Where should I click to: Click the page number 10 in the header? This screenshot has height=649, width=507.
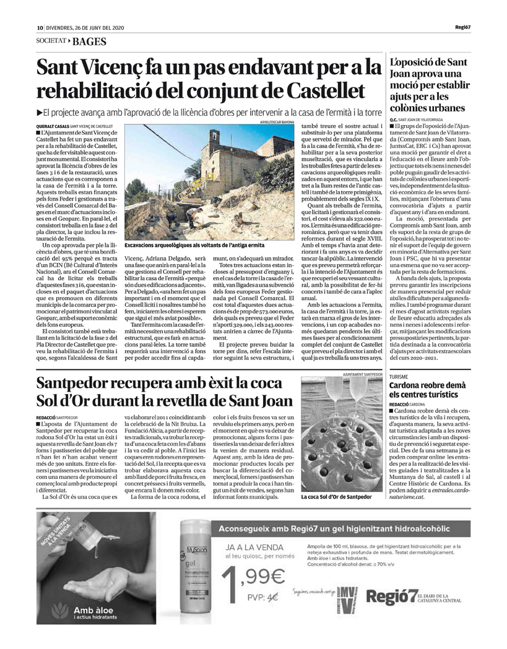[39, 28]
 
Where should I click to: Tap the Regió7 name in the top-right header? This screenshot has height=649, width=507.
[462, 27]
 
